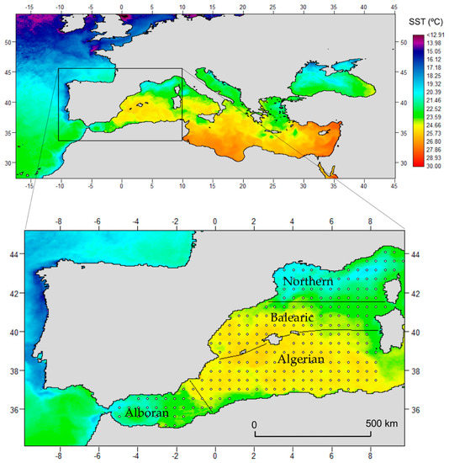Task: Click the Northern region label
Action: point(308,280)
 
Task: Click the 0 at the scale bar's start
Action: point(255,423)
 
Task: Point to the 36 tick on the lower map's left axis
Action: point(13,410)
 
